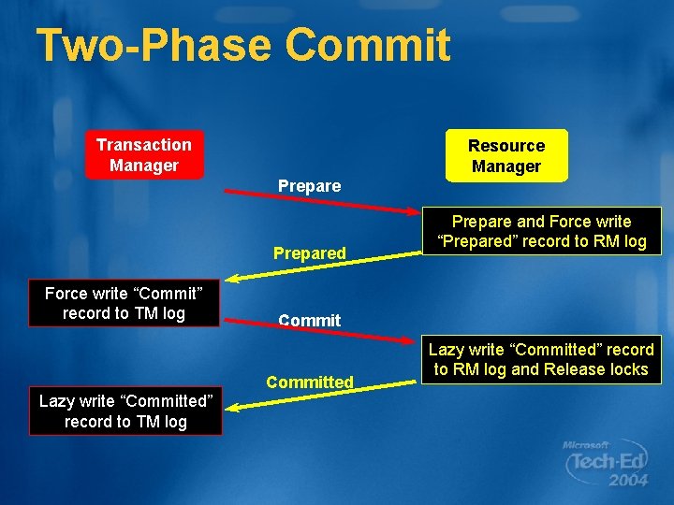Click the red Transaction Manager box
click(143, 154)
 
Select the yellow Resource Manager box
click(505, 155)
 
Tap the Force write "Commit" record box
click(124, 303)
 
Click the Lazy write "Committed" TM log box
click(125, 411)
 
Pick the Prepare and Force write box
click(541, 232)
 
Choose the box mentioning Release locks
click(541, 359)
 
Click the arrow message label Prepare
click(309, 186)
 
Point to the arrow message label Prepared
click(309, 253)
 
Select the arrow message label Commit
click(309, 321)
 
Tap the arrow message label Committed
click(309, 382)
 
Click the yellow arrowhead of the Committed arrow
click(234, 406)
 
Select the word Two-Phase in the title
click(154, 45)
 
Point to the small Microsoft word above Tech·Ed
click(586, 445)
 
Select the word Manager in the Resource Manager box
click(505, 166)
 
